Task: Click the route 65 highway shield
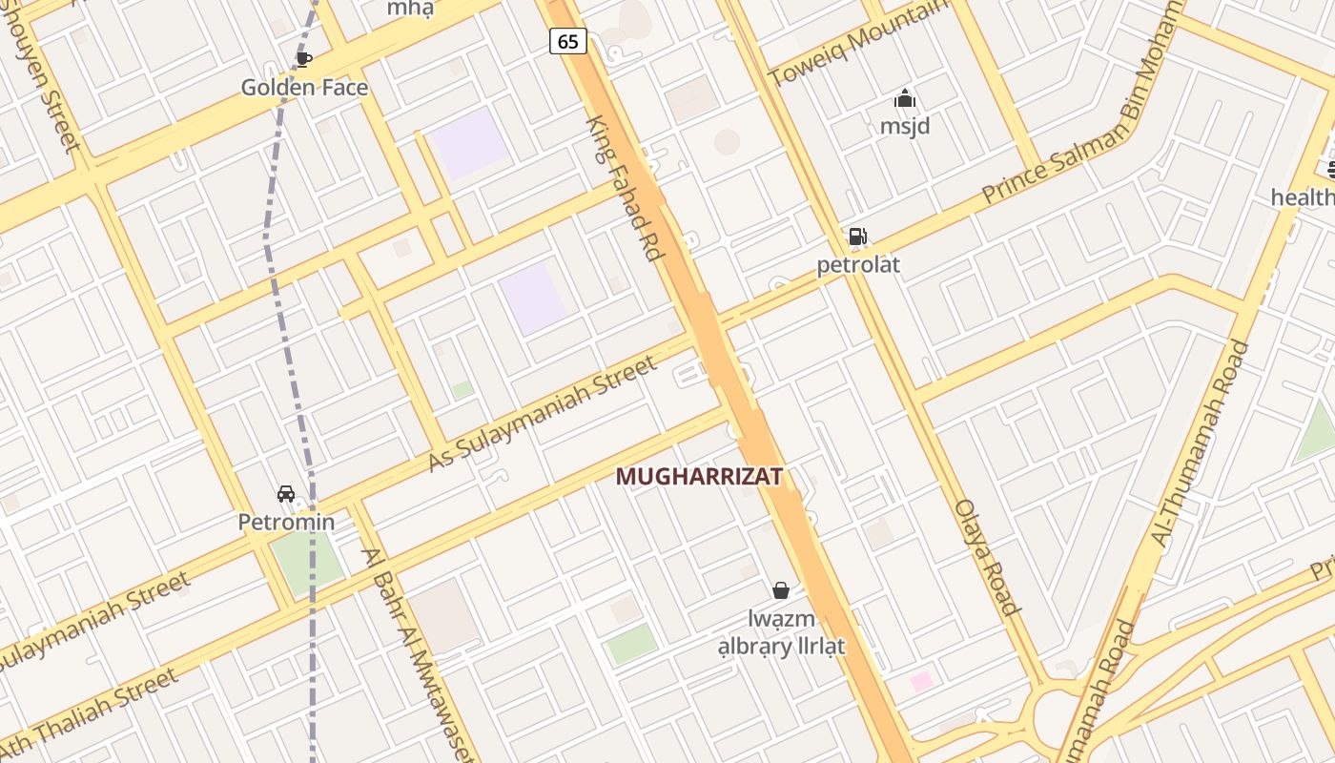pos(567,41)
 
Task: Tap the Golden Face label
pos(304,88)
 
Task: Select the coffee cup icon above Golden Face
pos(304,59)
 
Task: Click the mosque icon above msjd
pos(904,98)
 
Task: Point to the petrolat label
pos(858,264)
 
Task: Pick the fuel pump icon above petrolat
pos(858,237)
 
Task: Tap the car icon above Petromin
pos(286,494)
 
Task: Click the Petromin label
pos(286,522)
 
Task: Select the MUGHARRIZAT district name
pos(699,476)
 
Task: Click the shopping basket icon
pos(781,591)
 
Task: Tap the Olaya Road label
pos(987,557)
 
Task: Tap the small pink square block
pos(921,681)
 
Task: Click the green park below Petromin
pos(307,561)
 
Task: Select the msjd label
pos(904,126)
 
